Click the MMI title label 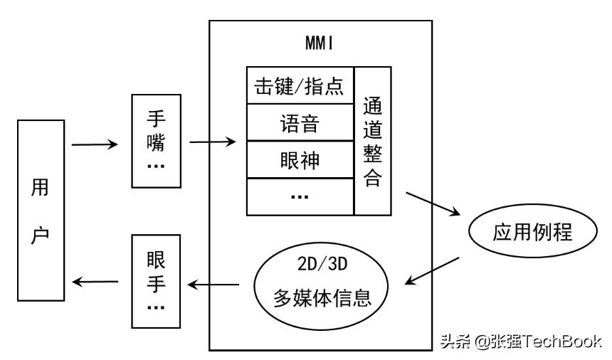pos(320,44)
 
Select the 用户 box pos(41,210)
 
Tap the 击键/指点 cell pos(300,86)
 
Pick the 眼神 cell pos(300,161)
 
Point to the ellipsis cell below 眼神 pos(300,197)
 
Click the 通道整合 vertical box pos(373,141)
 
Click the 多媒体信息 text pos(323,297)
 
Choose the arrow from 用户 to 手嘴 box pos(95,145)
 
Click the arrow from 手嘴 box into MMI pos(213,143)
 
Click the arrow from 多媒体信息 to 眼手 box pos(213,285)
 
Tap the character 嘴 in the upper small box pos(156,143)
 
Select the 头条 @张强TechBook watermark pos(519,342)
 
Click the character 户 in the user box pos(41,234)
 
